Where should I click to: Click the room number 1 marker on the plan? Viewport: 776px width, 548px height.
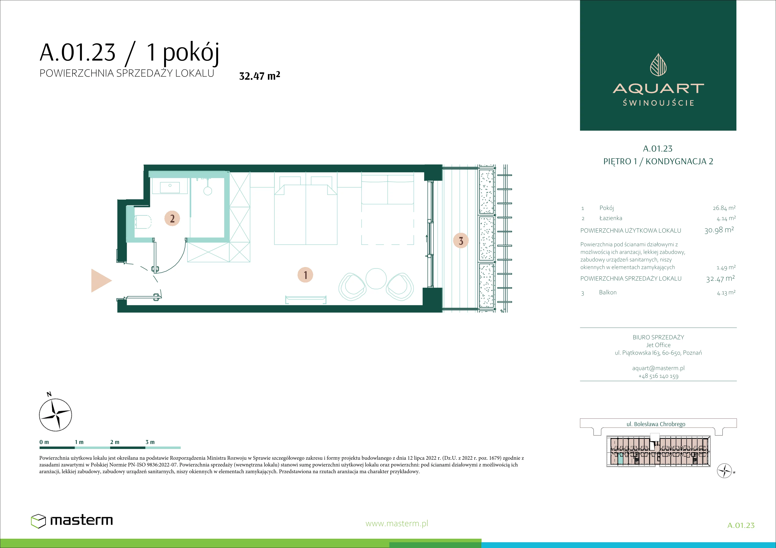(305, 275)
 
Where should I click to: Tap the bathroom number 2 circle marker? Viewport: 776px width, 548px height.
(172, 218)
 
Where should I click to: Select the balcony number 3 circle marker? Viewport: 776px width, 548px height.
(461, 241)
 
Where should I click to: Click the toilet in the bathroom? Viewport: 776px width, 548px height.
(143, 222)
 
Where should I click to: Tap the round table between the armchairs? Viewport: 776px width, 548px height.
(376, 279)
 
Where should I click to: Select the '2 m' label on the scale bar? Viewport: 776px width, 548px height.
(115, 442)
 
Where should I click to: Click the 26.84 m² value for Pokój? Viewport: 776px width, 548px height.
(724, 208)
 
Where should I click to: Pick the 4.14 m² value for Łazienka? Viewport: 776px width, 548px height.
(726, 218)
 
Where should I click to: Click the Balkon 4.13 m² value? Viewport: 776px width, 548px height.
(726, 293)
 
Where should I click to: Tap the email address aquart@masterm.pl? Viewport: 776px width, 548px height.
(658, 368)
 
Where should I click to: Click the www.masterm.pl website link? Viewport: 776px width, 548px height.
(397, 523)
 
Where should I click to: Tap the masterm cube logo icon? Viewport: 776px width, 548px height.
(38, 521)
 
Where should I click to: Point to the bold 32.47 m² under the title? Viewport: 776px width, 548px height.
(259, 76)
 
